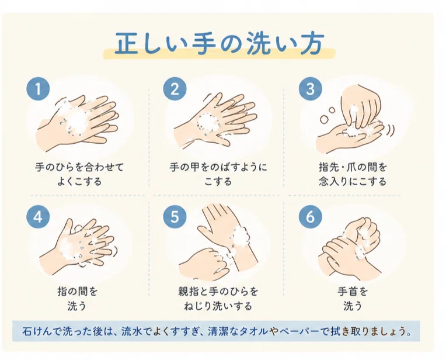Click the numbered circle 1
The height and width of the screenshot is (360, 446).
click(x=38, y=89)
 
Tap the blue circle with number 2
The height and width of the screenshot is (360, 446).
click(x=175, y=89)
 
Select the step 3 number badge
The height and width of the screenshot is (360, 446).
click(x=311, y=89)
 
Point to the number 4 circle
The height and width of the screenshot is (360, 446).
click(x=38, y=217)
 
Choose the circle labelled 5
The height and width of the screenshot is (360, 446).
click(x=175, y=217)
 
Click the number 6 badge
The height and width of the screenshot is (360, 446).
click(x=311, y=217)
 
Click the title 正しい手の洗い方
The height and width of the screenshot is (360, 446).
click(x=219, y=44)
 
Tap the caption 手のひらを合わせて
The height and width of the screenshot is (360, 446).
click(x=79, y=167)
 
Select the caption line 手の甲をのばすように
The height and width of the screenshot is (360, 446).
click(x=218, y=167)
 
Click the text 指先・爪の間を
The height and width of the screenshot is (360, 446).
click(x=353, y=167)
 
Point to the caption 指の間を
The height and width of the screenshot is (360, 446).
click(x=78, y=292)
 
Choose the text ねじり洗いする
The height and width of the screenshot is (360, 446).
click(x=218, y=306)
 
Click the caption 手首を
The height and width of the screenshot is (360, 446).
click(x=353, y=292)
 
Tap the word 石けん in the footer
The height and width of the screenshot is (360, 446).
click(x=37, y=331)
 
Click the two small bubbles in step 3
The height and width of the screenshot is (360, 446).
click(x=327, y=115)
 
